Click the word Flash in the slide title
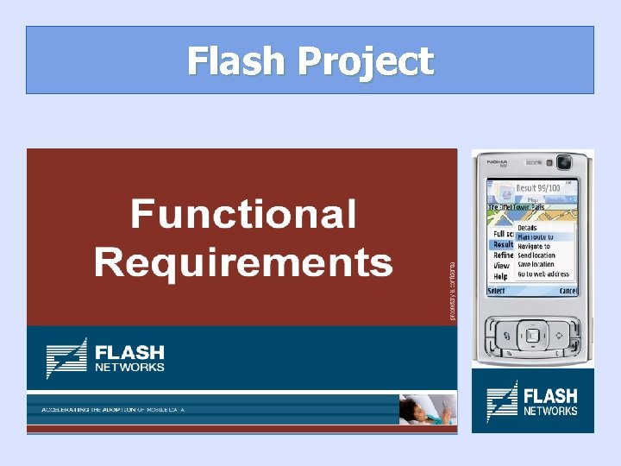(x=236, y=61)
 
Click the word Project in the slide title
(x=366, y=62)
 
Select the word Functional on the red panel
(x=243, y=214)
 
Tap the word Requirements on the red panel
(x=243, y=261)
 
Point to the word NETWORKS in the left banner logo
(x=129, y=367)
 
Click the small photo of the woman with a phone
(x=428, y=409)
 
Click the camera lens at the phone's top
(x=564, y=162)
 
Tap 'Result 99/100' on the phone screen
(x=537, y=188)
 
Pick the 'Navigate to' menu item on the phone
(x=535, y=246)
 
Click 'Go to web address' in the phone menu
(x=543, y=274)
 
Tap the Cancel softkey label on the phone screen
(x=568, y=291)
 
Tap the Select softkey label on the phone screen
(x=497, y=291)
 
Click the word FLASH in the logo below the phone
(x=550, y=395)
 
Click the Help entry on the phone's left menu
(x=500, y=276)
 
